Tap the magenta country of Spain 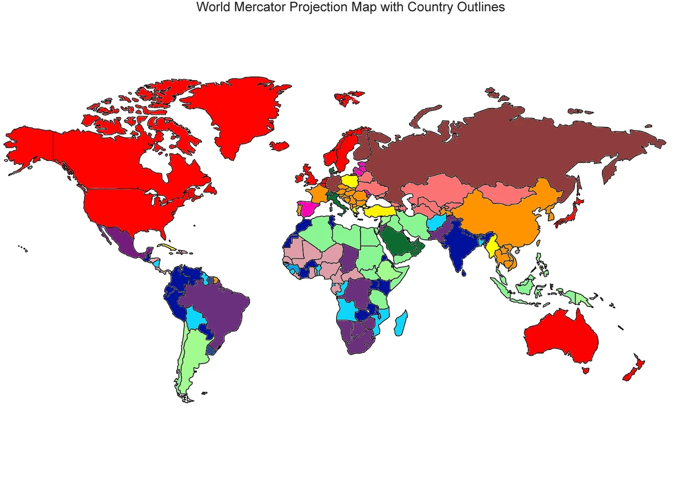[x=307, y=208]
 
